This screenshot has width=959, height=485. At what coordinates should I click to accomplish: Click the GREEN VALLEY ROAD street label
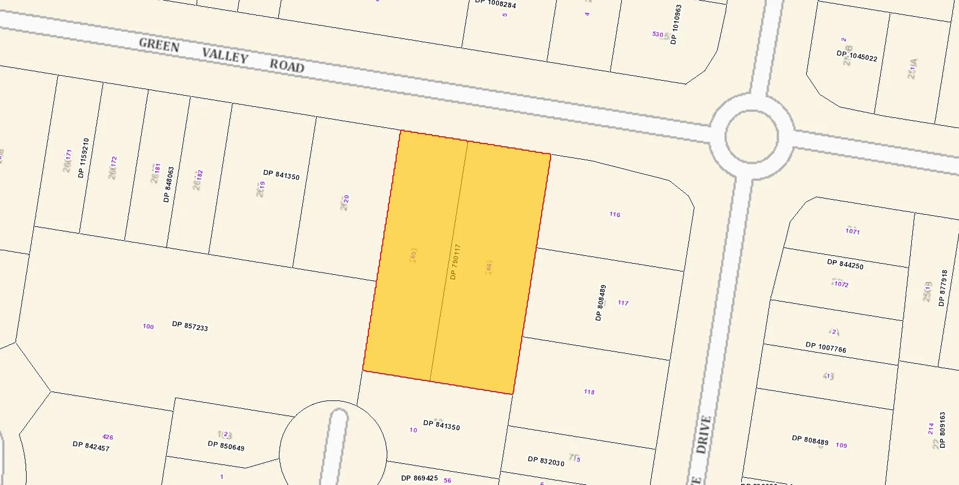(x=221, y=55)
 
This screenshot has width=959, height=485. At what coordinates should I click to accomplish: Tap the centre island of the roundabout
(x=751, y=135)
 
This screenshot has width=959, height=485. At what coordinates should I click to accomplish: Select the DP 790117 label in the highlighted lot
(x=455, y=261)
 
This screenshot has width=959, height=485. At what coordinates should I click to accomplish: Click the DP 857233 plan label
(x=190, y=326)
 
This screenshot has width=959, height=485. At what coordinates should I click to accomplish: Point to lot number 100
(x=148, y=326)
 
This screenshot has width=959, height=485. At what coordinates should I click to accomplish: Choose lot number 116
(x=615, y=214)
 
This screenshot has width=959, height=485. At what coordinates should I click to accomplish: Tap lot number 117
(x=623, y=303)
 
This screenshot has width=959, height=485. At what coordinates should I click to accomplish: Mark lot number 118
(x=589, y=392)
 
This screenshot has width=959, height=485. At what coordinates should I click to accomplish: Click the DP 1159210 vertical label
(x=83, y=158)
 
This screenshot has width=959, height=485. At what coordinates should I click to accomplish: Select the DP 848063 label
(x=168, y=185)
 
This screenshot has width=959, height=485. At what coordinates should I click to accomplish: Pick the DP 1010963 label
(x=676, y=24)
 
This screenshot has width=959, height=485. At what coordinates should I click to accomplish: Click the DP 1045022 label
(x=857, y=56)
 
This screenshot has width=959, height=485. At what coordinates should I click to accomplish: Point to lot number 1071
(x=852, y=231)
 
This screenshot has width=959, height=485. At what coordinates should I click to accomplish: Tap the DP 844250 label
(x=845, y=264)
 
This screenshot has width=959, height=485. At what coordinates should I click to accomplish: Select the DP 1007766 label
(x=826, y=348)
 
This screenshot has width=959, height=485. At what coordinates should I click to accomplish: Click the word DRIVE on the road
(x=703, y=434)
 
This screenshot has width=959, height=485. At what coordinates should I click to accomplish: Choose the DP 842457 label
(x=91, y=446)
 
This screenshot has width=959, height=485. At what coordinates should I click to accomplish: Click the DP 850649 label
(x=226, y=446)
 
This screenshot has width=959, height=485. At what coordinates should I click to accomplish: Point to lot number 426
(x=108, y=437)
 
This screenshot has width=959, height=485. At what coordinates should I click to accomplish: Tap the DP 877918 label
(x=942, y=288)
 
